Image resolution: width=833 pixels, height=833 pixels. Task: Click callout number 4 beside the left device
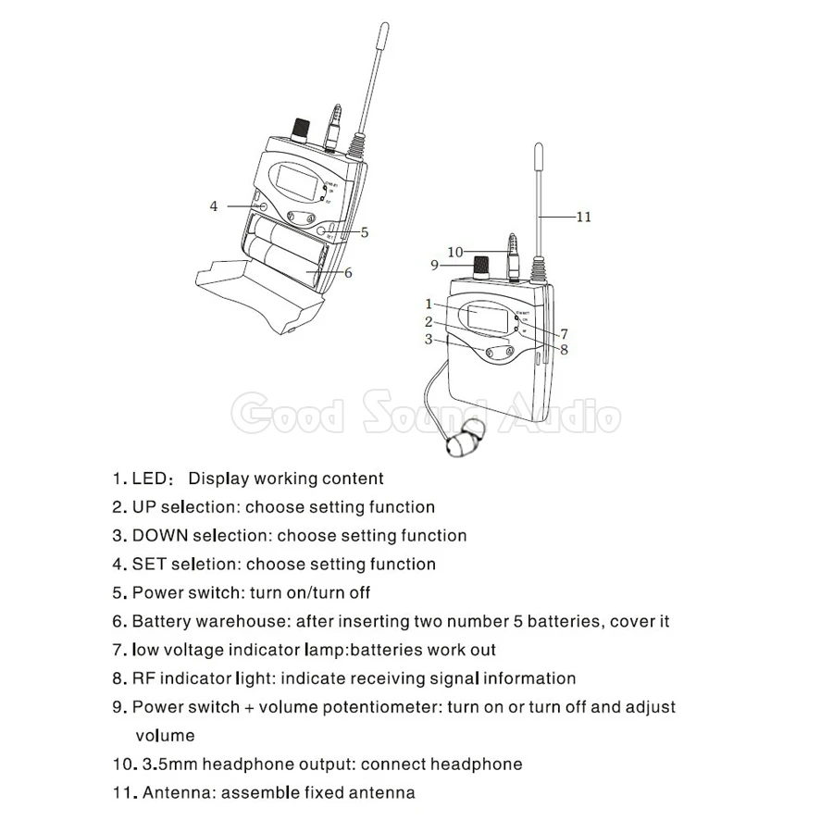tap(214, 206)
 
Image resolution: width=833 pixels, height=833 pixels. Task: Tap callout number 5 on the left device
tap(365, 232)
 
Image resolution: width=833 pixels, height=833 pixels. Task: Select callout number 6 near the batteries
tap(347, 272)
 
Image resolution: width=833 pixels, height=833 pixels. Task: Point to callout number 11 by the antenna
tap(582, 218)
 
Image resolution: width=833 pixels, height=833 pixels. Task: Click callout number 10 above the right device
tap(454, 251)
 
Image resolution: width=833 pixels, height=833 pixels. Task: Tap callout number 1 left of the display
tap(429, 303)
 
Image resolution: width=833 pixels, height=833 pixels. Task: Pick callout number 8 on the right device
tap(563, 349)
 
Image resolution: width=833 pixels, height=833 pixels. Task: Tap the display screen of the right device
tap(486, 317)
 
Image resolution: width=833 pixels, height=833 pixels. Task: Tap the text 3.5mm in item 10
tap(169, 764)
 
